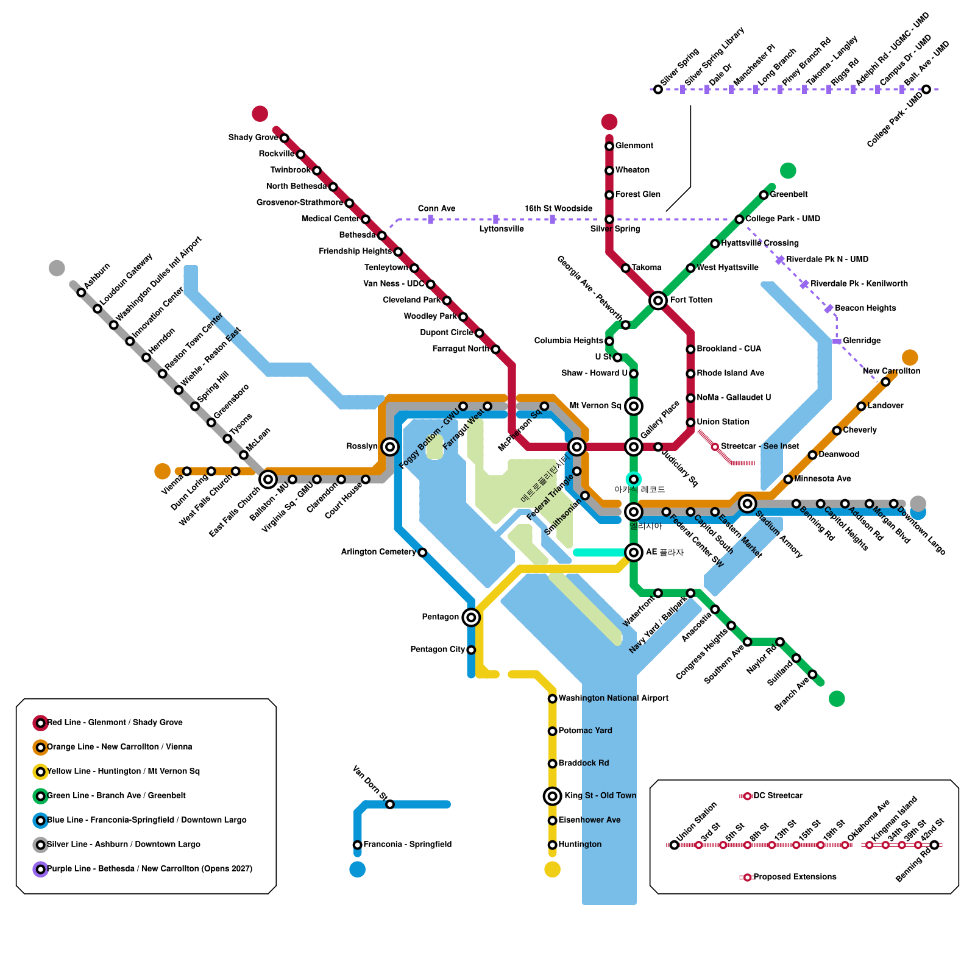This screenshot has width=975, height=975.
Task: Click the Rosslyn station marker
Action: tap(390, 447)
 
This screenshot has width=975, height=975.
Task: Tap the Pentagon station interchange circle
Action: tap(471, 617)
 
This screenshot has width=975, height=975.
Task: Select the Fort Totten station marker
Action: tap(658, 300)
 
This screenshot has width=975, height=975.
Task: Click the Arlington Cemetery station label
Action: tap(378, 552)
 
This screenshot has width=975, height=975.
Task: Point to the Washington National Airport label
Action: tap(613, 698)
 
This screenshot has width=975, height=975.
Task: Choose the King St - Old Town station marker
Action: tap(552, 796)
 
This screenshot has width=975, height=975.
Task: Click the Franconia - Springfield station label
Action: tap(407, 845)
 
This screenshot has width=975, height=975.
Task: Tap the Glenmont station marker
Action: tap(609, 146)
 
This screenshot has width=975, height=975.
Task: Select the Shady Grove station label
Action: tap(253, 138)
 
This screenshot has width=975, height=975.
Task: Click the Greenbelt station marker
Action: tap(764, 195)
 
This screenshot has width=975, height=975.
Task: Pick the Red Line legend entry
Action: tap(115, 723)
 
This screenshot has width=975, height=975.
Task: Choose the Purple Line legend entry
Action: tap(149, 869)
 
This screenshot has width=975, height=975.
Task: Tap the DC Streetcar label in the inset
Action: tap(778, 796)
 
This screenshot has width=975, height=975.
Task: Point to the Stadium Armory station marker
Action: tap(747, 503)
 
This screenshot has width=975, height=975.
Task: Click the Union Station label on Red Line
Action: tap(723, 422)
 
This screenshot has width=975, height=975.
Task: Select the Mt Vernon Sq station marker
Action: tap(634, 406)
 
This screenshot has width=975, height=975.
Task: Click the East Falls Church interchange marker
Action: tap(268, 480)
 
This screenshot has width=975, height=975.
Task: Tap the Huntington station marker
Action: tap(552, 845)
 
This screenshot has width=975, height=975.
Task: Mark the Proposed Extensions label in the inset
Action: tap(795, 877)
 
